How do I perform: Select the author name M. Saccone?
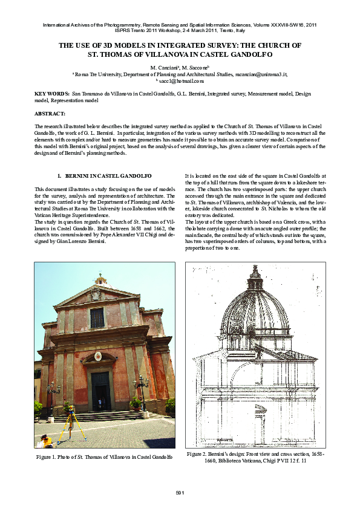195,66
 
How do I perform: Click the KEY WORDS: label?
52,95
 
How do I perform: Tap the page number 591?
180,493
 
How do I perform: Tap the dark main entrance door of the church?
100,390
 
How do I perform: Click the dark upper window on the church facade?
97,318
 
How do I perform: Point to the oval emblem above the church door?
98,357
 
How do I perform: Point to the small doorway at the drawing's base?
259,429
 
